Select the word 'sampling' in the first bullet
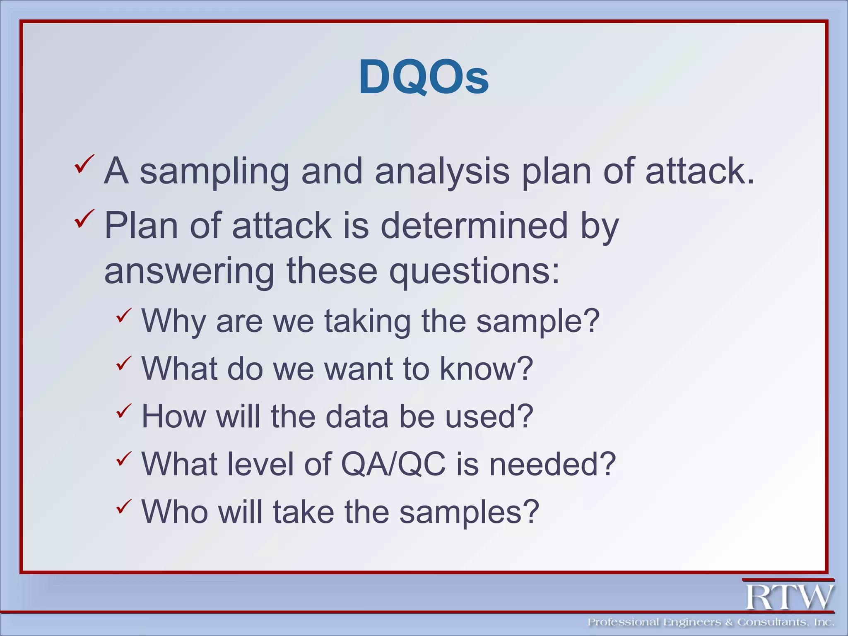pos(214,172)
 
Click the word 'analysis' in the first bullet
pos(442,172)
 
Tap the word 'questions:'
pos(475,271)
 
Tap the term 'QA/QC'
pos(393,464)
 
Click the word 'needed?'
pos(553,464)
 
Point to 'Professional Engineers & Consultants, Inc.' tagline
pos(711,622)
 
